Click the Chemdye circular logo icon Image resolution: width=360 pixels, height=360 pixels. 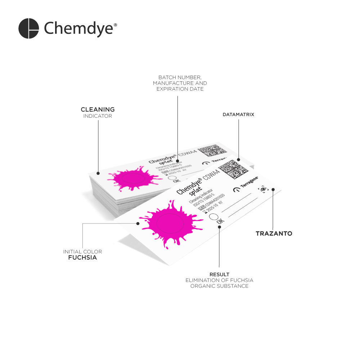[28, 28]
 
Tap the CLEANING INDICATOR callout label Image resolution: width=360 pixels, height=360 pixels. [98, 112]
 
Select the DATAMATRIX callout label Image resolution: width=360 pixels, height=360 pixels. [238, 114]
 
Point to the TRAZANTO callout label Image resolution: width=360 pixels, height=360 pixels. [274, 234]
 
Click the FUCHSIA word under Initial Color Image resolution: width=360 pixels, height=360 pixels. [82, 258]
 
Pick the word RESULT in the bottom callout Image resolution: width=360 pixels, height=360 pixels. [219, 275]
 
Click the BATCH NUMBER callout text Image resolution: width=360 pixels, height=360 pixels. [180, 77]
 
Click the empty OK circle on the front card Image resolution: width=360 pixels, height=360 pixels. [213, 217]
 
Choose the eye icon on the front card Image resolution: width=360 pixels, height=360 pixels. [263, 189]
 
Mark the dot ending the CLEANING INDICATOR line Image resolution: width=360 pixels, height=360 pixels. [98, 173]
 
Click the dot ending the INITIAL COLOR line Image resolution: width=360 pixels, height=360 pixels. [138, 223]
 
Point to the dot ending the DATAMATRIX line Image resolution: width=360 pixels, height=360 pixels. [238, 159]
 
